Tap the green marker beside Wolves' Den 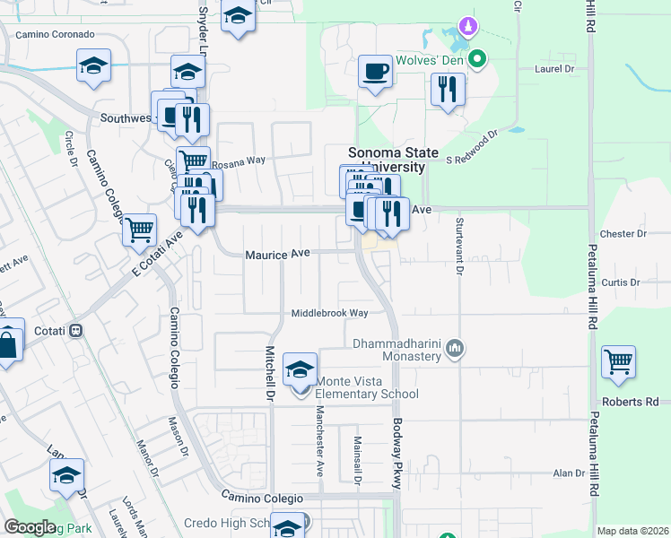tap(477, 60)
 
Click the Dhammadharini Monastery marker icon tap(455, 347)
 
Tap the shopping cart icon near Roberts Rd tap(619, 361)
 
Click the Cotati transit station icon tap(76, 330)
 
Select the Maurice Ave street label tap(277, 255)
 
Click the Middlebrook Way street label tap(329, 313)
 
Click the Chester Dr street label tap(623, 233)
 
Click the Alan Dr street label tap(568, 473)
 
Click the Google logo tap(30, 527)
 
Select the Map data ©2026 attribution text tap(632, 531)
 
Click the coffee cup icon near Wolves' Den tap(375, 71)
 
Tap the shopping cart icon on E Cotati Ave tap(140, 230)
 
